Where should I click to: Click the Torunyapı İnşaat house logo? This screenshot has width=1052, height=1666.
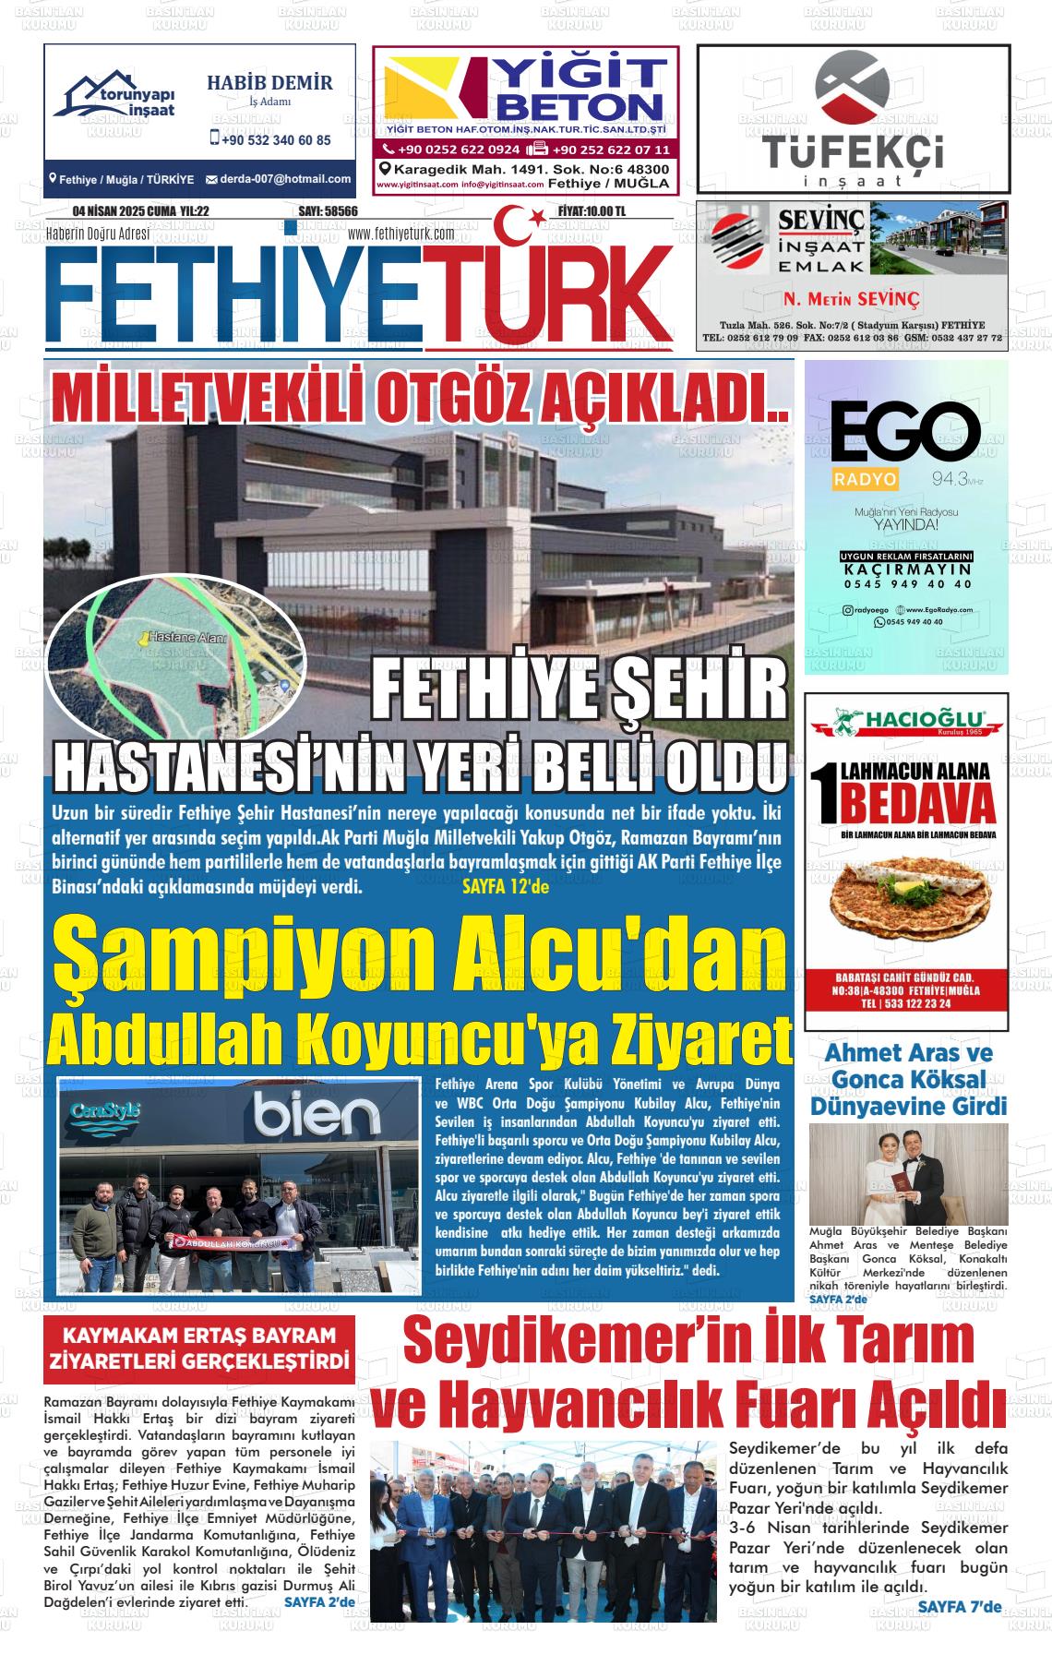point(118,96)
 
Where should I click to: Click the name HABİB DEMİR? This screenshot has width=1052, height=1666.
point(269,83)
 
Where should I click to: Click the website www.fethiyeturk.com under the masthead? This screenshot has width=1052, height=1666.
point(401,234)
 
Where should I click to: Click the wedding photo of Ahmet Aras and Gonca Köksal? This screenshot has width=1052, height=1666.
point(908,1172)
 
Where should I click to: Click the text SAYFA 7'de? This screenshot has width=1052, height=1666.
point(959,1607)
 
